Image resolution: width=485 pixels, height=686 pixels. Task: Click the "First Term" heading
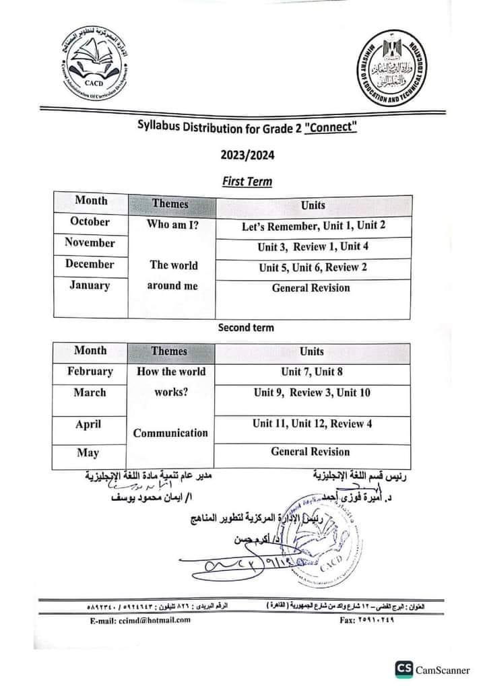pyautogui.click(x=247, y=180)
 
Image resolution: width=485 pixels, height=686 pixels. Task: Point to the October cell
pyautogui.click(x=90, y=221)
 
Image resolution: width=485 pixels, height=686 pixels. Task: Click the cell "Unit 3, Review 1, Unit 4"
pyautogui.click(x=313, y=246)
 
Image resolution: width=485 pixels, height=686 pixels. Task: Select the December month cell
pyautogui.click(x=90, y=264)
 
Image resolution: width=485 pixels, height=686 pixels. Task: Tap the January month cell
pyautogui.click(x=90, y=285)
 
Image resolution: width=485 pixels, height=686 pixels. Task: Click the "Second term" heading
pyautogui.click(x=246, y=328)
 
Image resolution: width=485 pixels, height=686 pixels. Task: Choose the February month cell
pyautogui.click(x=90, y=372)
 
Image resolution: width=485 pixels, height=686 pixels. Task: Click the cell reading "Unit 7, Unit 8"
pyautogui.click(x=313, y=372)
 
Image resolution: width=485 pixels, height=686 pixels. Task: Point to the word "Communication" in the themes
pyautogui.click(x=170, y=433)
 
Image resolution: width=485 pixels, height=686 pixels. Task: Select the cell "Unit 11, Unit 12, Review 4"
pyautogui.click(x=313, y=423)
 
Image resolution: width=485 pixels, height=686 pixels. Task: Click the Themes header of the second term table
pyautogui.click(x=170, y=351)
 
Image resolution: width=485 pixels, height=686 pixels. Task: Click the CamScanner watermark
pyautogui.click(x=434, y=668)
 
